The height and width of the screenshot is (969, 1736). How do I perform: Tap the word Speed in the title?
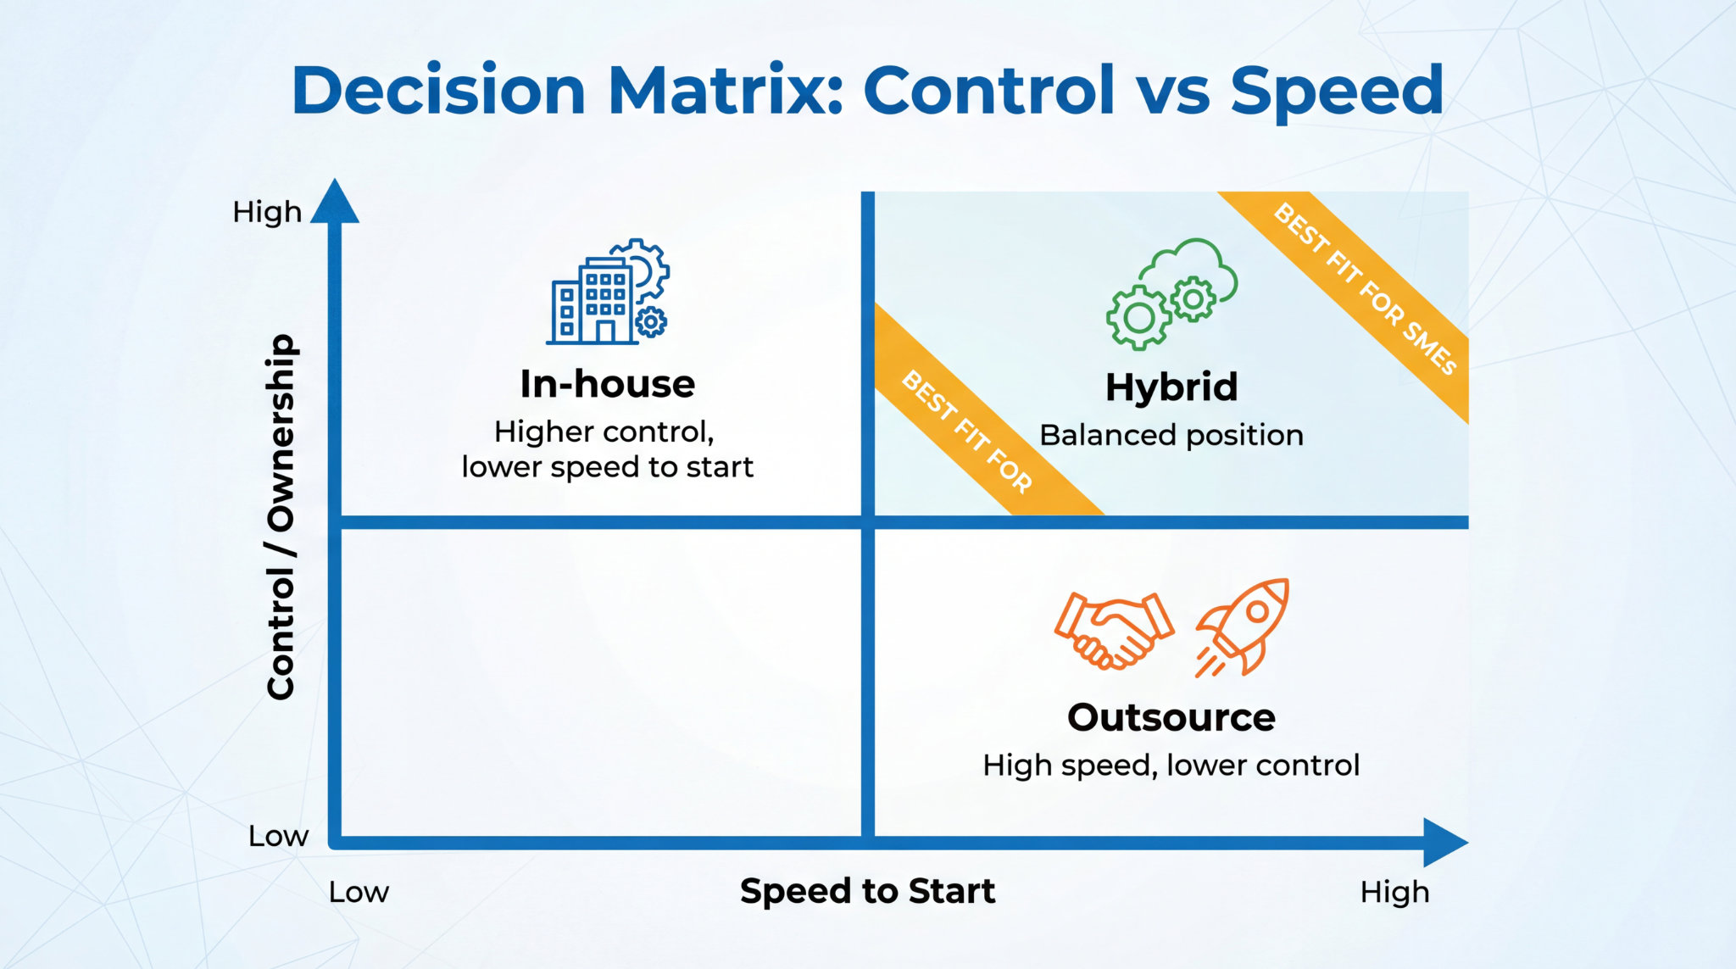click(x=1336, y=92)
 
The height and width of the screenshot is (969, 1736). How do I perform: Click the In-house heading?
click(x=607, y=384)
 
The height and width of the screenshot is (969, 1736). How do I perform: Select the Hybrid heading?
click(x=1171, y=387)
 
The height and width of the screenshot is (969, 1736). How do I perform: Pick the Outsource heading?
click(x=1171, y=718)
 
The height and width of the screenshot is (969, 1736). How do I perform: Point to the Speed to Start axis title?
click(x=867, y=891)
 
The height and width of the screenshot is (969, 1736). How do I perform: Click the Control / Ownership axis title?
click(x=281, y=516)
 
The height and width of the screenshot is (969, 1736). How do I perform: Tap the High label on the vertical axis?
click(x=267, y=211)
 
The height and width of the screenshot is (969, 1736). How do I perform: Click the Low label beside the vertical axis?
click(x=278, y=836)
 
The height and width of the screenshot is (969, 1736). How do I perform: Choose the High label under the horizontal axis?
click(x=1394, y=892)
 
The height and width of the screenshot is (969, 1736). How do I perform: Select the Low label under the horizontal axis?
click(x=359, y=892)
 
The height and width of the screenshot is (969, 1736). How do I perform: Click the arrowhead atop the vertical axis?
click(x=335, y=203)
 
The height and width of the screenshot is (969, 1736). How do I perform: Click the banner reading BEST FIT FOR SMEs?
click(x=1364, y=288)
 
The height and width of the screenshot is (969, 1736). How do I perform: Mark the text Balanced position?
click(x=1171, y=435)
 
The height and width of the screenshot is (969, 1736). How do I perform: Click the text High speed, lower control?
click(x=1171, y=766)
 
